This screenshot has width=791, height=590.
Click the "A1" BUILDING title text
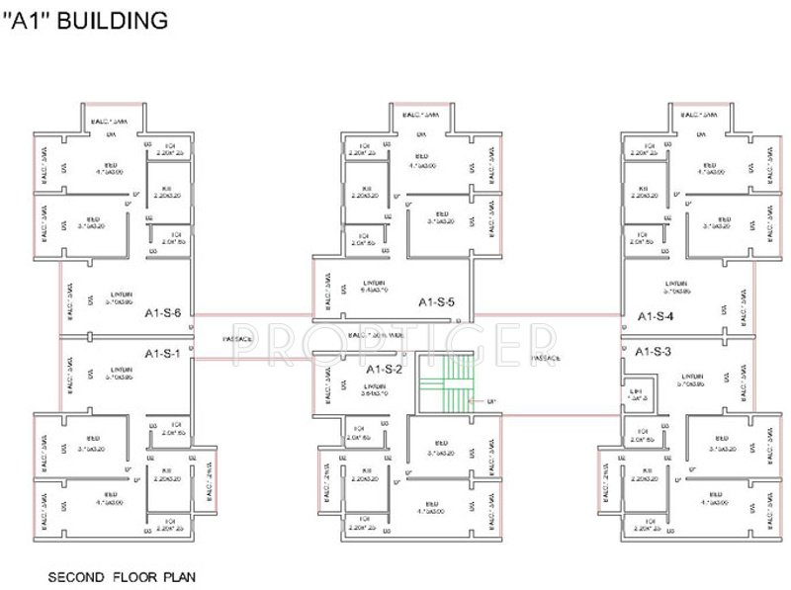(87, 19)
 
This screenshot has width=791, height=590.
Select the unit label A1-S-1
(162, 353)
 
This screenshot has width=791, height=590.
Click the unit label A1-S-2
(385, 369)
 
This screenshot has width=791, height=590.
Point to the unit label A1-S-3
(653, 352)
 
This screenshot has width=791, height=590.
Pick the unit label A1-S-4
(655, 316)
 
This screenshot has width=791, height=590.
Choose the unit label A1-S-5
(436, 301)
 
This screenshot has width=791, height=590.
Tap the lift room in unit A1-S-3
(638, 395)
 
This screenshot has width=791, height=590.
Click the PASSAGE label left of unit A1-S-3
(546, 357)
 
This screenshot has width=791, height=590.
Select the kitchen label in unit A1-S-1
(165, 472)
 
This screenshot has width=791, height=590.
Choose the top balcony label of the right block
(701, 116)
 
